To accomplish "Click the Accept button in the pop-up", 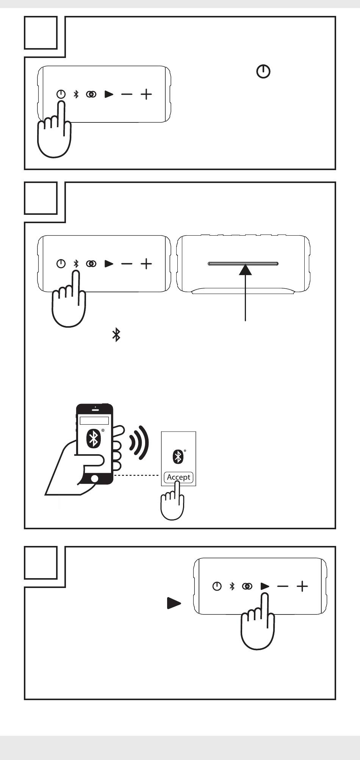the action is (x=178, y=477).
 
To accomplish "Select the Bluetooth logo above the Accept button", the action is (x=178, y=457).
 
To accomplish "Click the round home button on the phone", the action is (x=95, y=479).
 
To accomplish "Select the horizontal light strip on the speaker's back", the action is (x=243, y=263).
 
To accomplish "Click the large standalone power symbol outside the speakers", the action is (x=264, y=71).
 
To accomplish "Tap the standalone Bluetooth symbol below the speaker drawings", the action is (x=116, y=335).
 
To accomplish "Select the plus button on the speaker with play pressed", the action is (x=302, y=586).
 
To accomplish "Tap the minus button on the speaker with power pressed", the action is (x=127, y=94).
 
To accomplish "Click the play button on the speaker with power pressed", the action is (x=109, y=94).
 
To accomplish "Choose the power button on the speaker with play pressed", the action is (x=217, y=586).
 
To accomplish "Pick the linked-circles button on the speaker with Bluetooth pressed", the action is (x=91, y=264).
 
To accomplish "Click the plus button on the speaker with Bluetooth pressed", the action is (x=146, y=264).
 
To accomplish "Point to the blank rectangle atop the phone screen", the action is (x=94, y=420).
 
